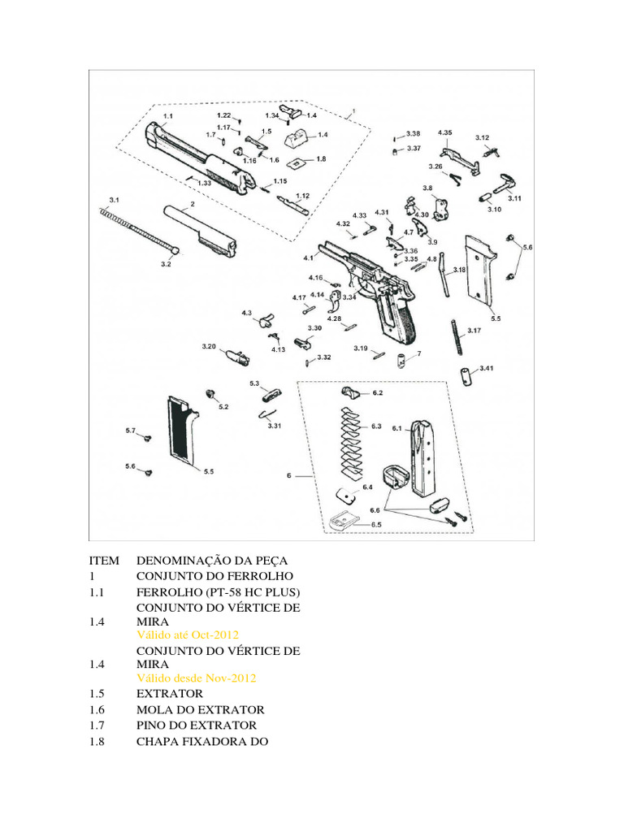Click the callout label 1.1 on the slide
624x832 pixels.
pos(168,117)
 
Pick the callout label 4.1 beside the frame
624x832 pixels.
pos(309,258)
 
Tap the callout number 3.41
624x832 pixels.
pos(485,368)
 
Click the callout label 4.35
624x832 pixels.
pos(445,132)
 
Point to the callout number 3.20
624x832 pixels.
pos(209,347)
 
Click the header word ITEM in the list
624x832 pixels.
pos(104,561)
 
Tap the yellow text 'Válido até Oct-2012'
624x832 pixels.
pos(188,634)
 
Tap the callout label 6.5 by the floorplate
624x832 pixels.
pos(376,525)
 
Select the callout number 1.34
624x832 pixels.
pos(271,115)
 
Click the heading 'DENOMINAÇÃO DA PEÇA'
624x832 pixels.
pos(212,561)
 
